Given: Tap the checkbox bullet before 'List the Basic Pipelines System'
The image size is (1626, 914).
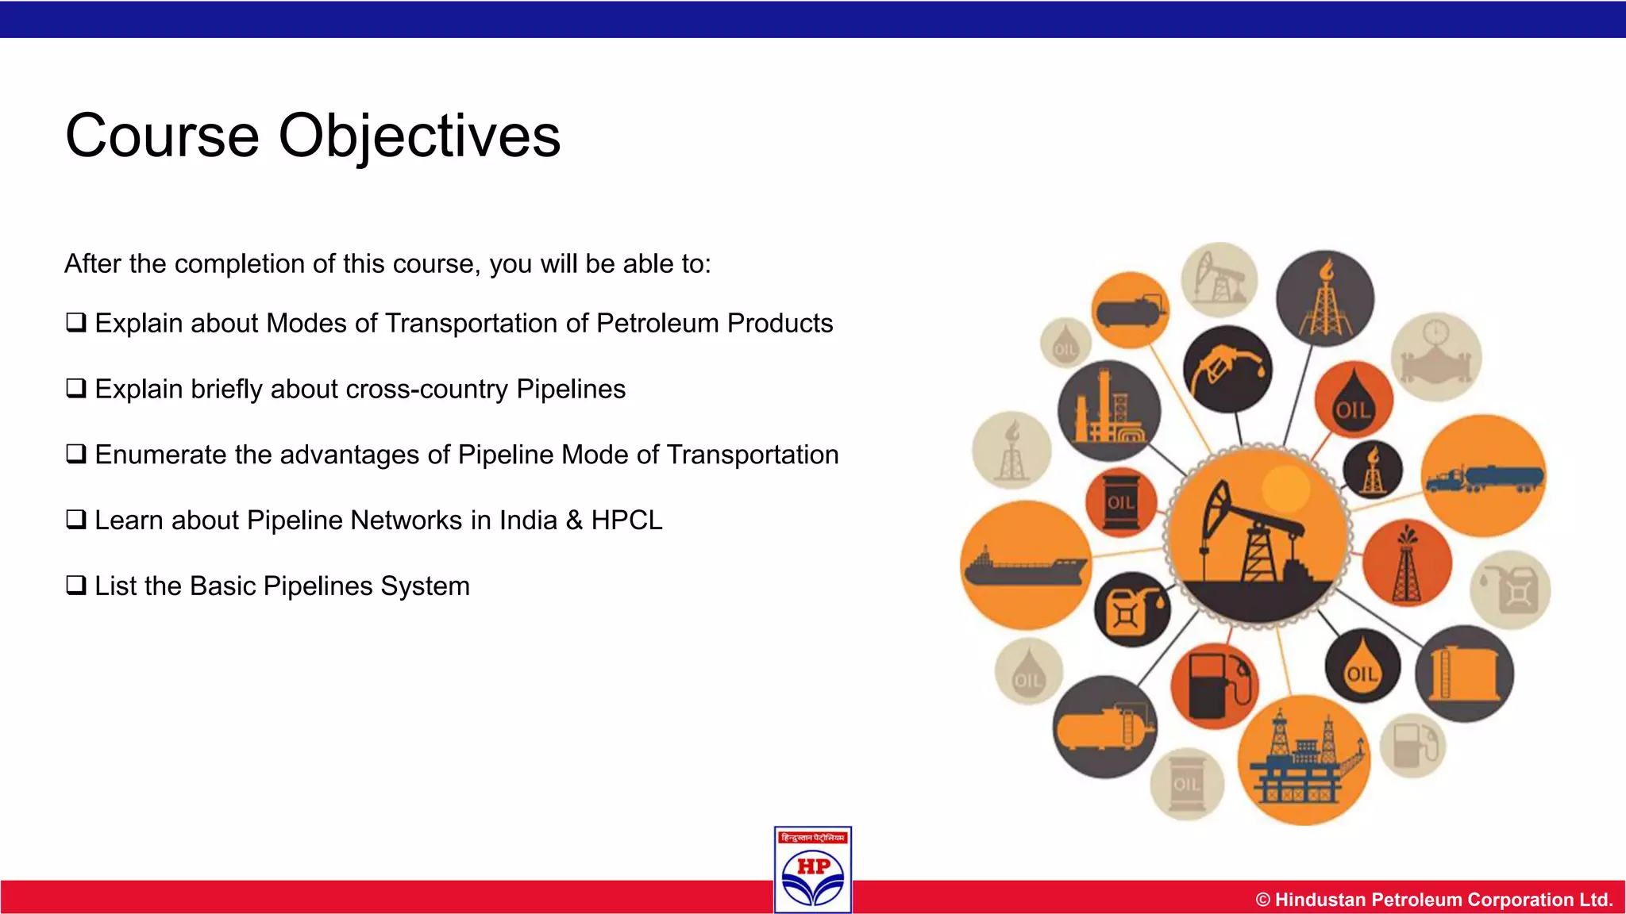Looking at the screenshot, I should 75,586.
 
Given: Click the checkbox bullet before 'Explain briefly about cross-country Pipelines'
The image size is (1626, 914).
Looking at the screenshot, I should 75,389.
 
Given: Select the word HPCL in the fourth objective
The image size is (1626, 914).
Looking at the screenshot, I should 626,520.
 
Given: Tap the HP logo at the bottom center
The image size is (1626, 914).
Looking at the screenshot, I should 813,870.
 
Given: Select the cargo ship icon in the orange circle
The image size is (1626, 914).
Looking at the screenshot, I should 1024,566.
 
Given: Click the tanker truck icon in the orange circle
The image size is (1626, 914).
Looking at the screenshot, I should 1483,476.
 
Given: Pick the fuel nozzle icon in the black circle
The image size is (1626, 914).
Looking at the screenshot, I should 1227,368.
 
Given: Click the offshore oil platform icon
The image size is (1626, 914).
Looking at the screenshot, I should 1303,760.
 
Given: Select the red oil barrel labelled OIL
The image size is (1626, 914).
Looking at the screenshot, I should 1121,502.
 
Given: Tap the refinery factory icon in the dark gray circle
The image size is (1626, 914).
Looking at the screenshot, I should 1108,410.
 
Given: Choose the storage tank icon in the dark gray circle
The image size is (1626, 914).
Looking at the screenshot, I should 1463,674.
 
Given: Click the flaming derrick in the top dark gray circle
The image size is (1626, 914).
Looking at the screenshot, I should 1324,298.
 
